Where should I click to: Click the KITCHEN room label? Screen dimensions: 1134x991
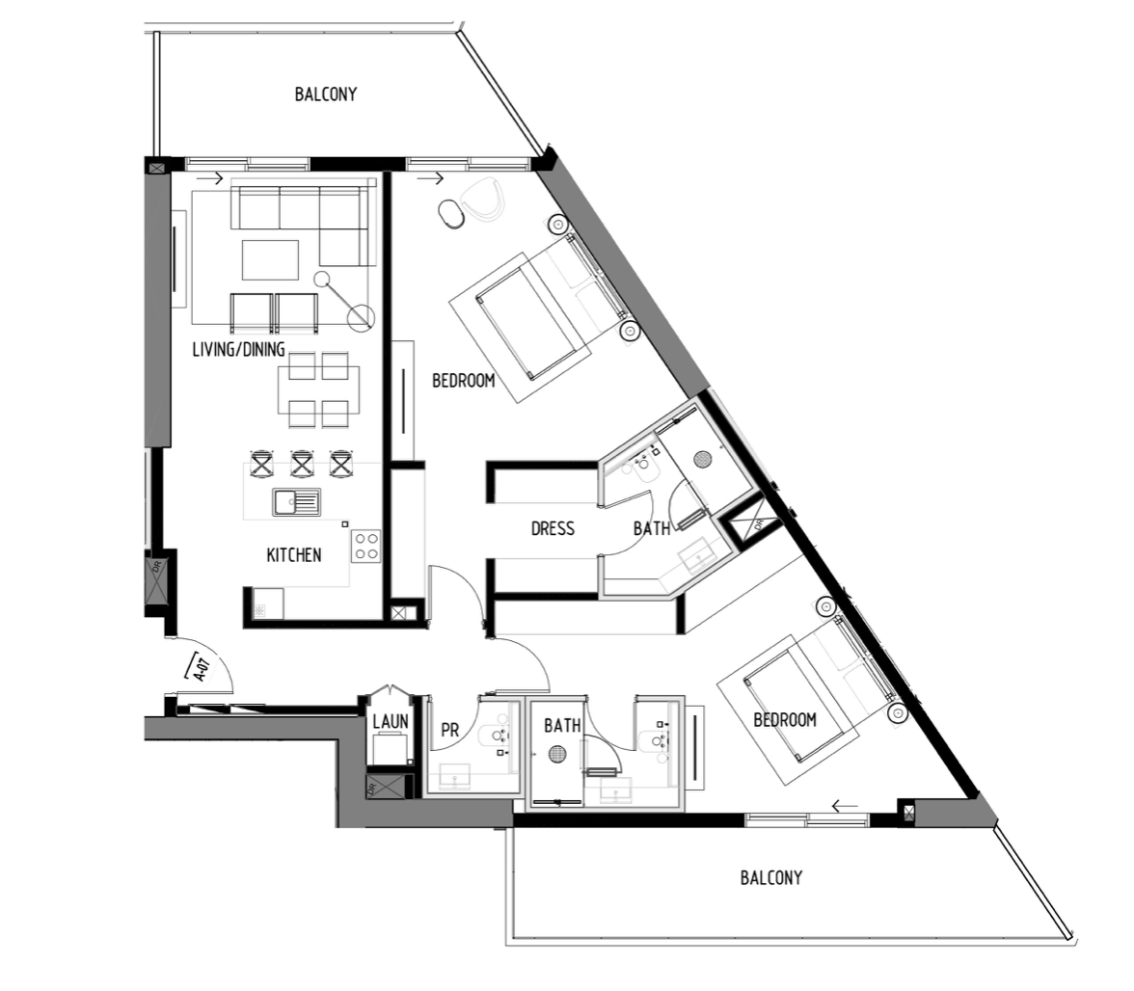[x=293, y=555]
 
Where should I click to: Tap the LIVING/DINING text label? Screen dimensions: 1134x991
[x=239, y=350]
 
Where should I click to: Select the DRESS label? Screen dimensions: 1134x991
[x=553, y=528]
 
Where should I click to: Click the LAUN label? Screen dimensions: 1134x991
[x=391, y=721]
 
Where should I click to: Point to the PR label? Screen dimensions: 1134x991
[x=449, y=730]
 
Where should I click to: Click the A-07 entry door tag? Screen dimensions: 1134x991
[x=201, y=667]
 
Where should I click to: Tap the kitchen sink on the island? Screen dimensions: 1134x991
[x=297, y=501]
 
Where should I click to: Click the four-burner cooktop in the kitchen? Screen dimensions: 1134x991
[x=366, y=547]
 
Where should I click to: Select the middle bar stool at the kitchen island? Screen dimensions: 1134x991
[x=302, y=463]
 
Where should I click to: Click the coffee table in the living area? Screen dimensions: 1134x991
[x=270, y=259]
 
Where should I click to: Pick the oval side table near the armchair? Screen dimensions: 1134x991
[x=450, y=215]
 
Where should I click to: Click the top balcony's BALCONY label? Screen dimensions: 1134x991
[x=326, y=94]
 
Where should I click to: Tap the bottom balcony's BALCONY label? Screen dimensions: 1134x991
[x=771, y=877]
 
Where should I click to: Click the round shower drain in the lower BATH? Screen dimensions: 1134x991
[x=556, y=755]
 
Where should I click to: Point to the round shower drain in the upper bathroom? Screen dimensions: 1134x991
[x=702, y=458]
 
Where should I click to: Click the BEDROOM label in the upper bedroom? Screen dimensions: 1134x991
[x=464, y=380]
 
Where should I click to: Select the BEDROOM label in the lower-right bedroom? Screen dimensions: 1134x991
[x=785, y=720]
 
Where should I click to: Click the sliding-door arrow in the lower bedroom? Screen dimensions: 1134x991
[x=845, y=806]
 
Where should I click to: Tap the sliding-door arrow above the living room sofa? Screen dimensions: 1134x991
[x=210, y=178]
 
